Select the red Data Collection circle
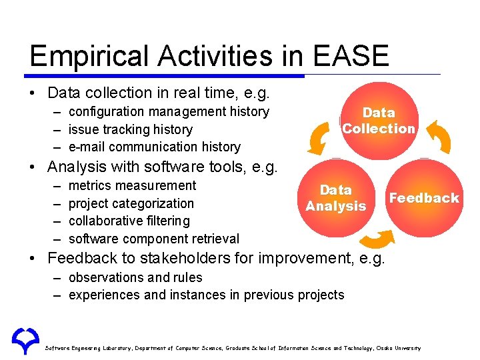378,121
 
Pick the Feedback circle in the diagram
424,198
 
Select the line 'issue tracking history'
130,129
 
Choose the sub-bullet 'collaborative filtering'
129,221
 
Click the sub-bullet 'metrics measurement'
132,185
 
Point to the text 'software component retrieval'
153,239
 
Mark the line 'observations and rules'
135,277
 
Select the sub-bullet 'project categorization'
131,203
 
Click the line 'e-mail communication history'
154,147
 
